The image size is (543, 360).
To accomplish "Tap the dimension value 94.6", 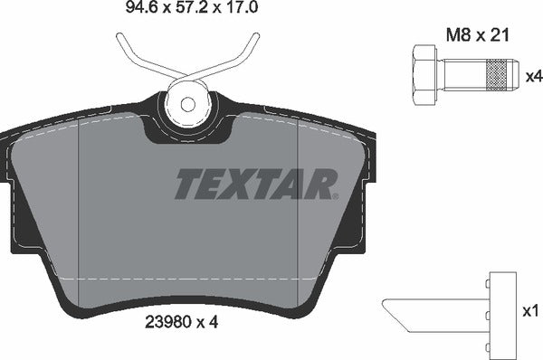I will [113, 12].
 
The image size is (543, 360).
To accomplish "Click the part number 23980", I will [168, 319].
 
